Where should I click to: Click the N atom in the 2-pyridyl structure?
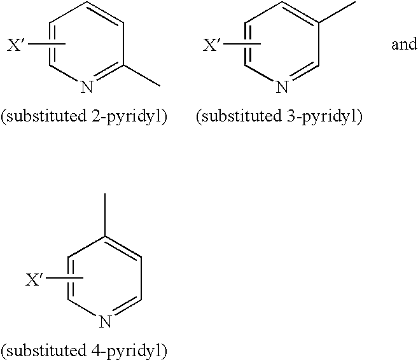coord(87,87)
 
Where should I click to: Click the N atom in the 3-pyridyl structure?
coord(282,87)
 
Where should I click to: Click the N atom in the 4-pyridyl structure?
coord(105,321)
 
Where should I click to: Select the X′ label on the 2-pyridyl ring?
coord(15,45)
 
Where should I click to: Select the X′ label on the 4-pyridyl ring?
coord(34,279)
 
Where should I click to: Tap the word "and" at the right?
coord(404,45)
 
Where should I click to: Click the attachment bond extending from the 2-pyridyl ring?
coord(141,76)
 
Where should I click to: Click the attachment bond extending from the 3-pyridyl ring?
coord(337,11)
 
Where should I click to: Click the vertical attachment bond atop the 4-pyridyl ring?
coord(105,215)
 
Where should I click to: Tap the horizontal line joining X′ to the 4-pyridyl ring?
coord(64,279)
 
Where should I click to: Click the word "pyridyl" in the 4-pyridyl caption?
coord(134,351)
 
